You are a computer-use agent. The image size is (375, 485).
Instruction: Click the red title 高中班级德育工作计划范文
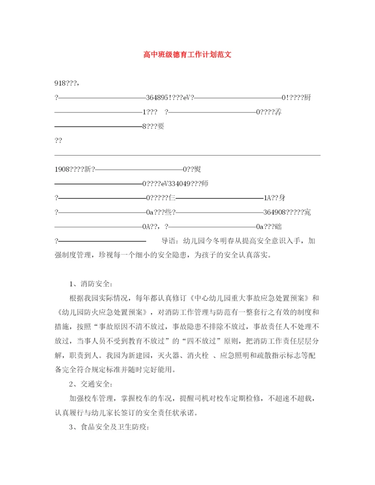(187, 55)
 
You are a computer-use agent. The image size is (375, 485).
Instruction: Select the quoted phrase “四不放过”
(203, 341)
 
